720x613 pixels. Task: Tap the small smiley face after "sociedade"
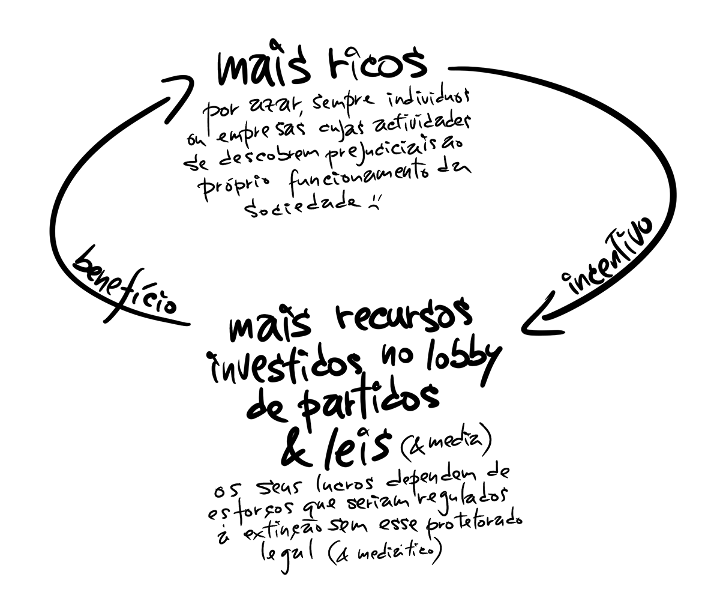376,204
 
